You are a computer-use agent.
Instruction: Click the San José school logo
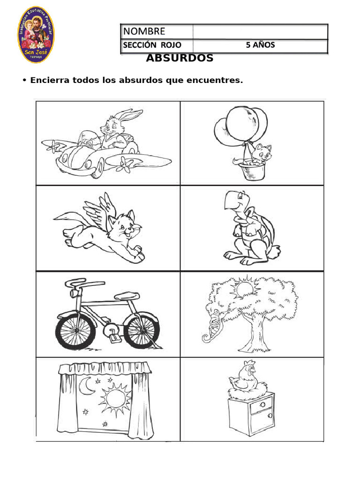click(x=36, y=36)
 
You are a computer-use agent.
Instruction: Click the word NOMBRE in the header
click(x=144, y=31)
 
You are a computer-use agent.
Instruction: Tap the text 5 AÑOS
click(x=261, y=45)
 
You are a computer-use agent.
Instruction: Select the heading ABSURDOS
click(x=180, y=59)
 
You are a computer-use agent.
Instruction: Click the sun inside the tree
click(x=244, y=288)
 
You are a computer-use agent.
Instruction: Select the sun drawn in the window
click(x=114, y=399)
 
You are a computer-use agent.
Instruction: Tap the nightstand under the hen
click(x=251, y=415)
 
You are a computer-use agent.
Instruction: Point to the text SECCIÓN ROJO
click(x=151, y=45)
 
